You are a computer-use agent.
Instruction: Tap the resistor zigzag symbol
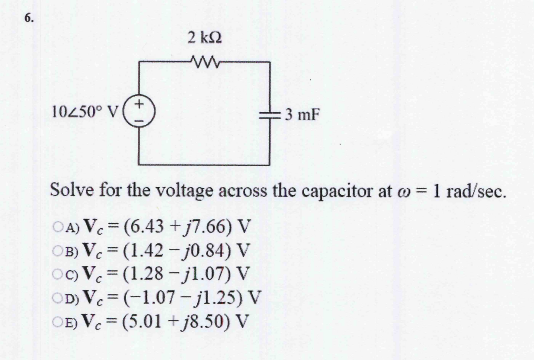pos(204,62)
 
